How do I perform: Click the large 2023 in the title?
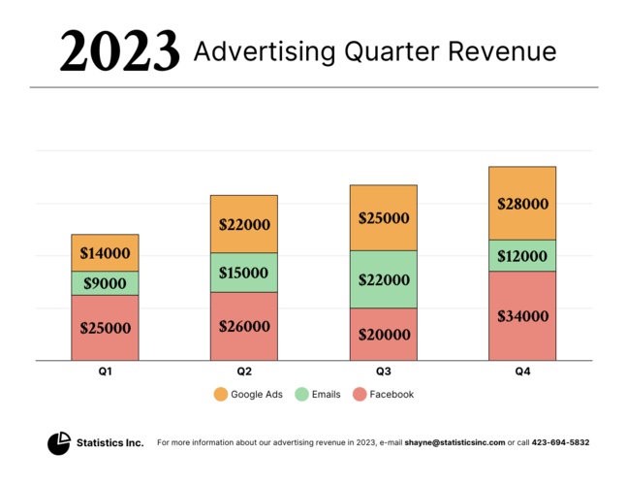coord(119,50)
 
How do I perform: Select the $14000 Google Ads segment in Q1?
coord(105,253)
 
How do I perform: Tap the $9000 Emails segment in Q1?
coord(105,283)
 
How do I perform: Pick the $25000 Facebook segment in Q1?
coord(105,328)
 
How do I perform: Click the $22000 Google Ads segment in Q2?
coord(244,224)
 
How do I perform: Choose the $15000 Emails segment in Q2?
coord(244,273)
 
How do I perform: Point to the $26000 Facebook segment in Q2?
coord(244,327)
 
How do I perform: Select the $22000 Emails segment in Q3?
coord(383,279)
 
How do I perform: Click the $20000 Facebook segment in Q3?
coord(383,335)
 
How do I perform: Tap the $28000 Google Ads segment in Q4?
coord(522,204)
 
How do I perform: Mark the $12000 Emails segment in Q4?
coord(522,255)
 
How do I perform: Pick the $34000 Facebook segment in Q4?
coord(522,316)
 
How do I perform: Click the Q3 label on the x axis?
coord(383,372)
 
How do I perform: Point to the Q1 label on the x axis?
coord(105,372)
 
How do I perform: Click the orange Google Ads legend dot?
coord(220,395)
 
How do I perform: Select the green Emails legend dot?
coord(302,395)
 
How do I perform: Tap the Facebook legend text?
coord(392,395)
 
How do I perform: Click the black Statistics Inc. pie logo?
coord(59,443)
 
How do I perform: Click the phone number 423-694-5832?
coord(561,442)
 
